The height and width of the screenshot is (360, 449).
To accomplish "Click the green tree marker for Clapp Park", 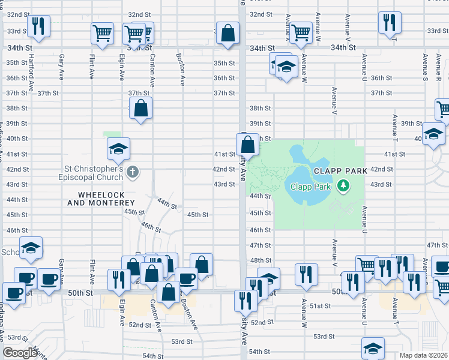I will tap(343, 186).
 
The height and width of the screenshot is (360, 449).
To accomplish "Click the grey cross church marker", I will tap(133, 173).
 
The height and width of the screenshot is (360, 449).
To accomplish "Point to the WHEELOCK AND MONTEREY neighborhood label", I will tap(106, 199).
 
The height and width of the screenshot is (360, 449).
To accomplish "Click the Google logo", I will tap(20, 353).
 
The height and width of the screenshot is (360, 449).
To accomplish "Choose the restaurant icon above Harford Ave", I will tap(38, 26).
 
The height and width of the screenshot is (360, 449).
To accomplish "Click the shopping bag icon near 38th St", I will tap(140, 109).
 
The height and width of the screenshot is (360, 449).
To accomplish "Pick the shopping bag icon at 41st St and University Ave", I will tap(247, 145).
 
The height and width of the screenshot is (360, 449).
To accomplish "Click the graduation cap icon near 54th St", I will tap(373, 348).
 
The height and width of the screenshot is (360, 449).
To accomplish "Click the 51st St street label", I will tap(321, 306).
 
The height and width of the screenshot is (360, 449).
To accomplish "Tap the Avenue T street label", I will tap(394, 128).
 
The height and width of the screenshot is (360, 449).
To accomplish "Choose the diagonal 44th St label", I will tap(167, 204).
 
